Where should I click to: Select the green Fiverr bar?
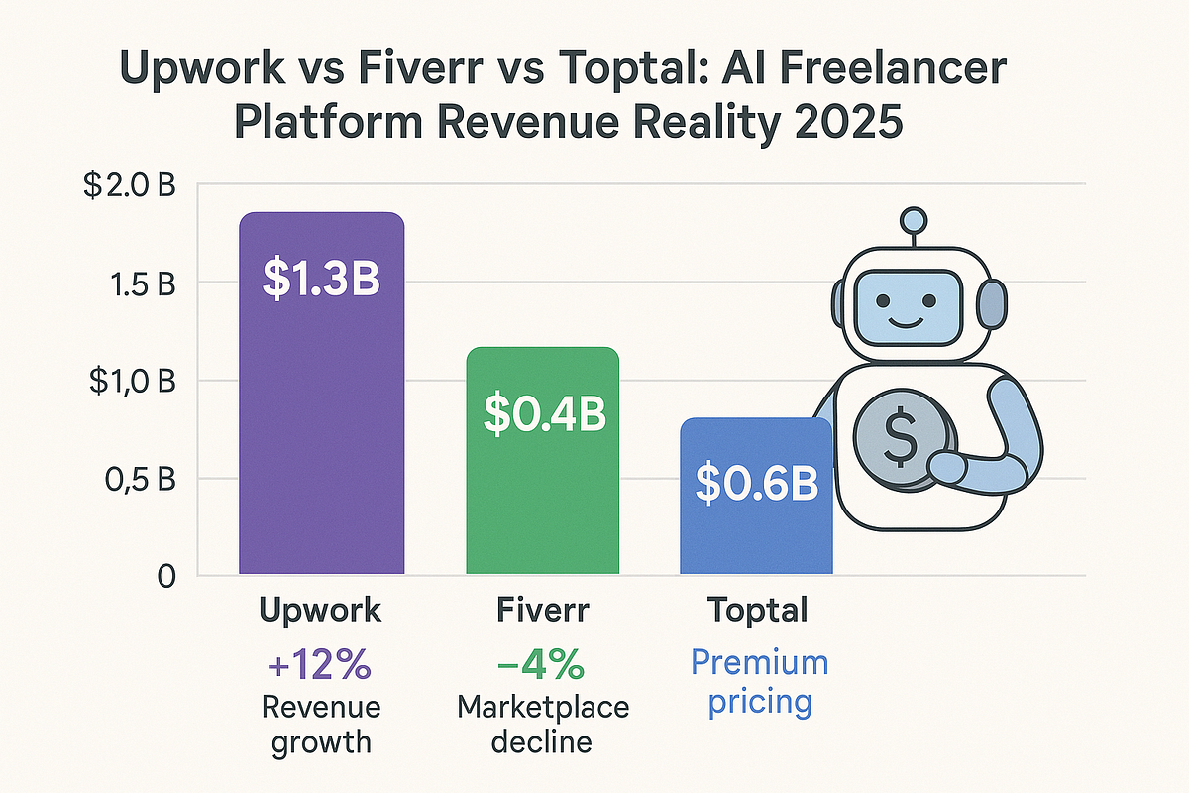coord(543,496)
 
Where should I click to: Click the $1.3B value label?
coord(322,279)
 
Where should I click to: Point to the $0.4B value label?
coord(543,415)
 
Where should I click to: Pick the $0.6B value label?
coord(755,483)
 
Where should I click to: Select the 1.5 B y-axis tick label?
coord(140,283)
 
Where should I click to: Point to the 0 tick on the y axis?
coord(165,576)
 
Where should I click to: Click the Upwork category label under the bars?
coord(320,611)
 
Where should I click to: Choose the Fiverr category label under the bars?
coord(542,611)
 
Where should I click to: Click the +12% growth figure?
coord(320,665)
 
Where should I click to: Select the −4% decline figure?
coord(542,665)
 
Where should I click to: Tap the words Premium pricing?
coord(759,682)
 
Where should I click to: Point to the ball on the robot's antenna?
coord(913,219)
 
